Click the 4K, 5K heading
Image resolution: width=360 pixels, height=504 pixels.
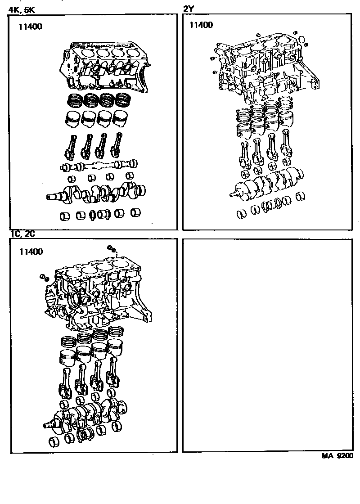tap(22, 10)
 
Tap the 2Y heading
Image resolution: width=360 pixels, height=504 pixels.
tap(189, 9)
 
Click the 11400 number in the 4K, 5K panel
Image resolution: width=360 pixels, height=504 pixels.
tap(30, 27)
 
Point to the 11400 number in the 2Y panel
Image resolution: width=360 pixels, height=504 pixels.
tap(201, 25)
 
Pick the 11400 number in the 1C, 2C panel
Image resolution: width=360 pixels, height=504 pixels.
tap(31, 252)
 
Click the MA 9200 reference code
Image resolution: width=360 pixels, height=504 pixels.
tap(337, 455)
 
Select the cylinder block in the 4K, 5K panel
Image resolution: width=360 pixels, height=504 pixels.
tap(104, 67)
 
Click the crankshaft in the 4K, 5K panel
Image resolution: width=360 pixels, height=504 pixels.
tap(96, 194)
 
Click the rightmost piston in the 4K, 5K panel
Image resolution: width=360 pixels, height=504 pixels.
tap(121, 118)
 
